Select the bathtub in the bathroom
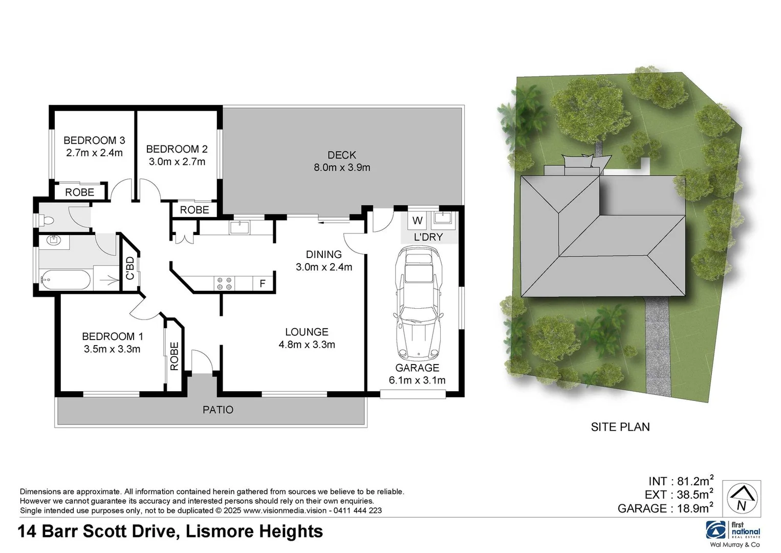point(66,280)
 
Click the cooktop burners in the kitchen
point(224,283)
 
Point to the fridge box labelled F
point(263,283)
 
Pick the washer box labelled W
point(418,221)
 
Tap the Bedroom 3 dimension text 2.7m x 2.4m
point(94,153)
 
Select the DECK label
point(341,155)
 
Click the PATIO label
point(218,410)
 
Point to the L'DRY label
point(428,238)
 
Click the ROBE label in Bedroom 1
point(174,356)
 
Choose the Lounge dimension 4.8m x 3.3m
point(307,345)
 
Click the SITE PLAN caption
point(620,427)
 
